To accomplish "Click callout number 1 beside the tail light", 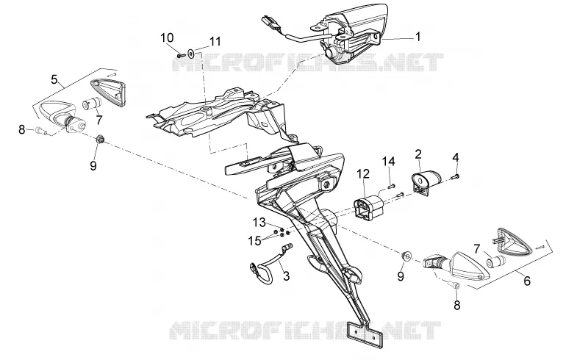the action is [417, 37].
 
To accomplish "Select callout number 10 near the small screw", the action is [168, 37].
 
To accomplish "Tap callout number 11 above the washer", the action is [215, 41].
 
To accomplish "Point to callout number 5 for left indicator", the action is [54, 79].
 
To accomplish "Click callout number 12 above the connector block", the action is [363, 173].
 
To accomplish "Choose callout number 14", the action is [389, 161].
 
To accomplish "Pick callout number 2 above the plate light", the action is [418, 154].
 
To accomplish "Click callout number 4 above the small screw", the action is [456, 157].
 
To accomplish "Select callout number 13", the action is [259, 223].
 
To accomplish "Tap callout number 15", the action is [254, 241].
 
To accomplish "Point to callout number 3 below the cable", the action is [287, 276].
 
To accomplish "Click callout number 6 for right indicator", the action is [527, 281].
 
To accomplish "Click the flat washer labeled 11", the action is [192, 54].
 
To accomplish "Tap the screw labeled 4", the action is [456, 176].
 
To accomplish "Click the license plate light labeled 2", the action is [427, 181].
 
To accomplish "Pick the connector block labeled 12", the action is [369, 207].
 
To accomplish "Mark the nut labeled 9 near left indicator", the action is [100, 140].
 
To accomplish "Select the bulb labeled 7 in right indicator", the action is [495, 261].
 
